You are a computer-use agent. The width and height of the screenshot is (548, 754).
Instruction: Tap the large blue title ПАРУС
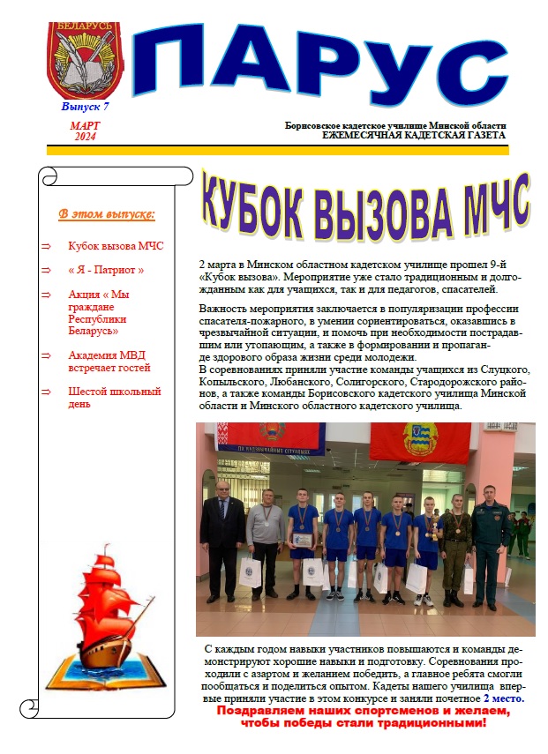[308, 65]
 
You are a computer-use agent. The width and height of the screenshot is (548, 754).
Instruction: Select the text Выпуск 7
[85, 106]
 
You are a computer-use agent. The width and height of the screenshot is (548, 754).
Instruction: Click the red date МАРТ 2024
[85, 131]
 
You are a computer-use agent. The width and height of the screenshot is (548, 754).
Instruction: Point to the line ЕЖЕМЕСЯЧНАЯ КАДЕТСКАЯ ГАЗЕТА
[414, 136]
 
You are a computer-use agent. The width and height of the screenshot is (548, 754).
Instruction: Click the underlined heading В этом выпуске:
[107, 214]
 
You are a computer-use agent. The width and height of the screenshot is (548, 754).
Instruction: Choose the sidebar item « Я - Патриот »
[106, 270]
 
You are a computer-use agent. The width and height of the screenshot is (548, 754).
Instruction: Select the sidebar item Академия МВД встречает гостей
[109, 362]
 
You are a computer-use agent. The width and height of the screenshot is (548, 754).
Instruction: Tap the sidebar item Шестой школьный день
[114, 398]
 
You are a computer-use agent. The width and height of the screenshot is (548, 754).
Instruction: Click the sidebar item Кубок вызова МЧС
[116, 246]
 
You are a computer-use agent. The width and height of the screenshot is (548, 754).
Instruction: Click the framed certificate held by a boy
[303, 539]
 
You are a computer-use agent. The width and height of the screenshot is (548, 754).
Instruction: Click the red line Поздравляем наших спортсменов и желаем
[364, 711]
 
